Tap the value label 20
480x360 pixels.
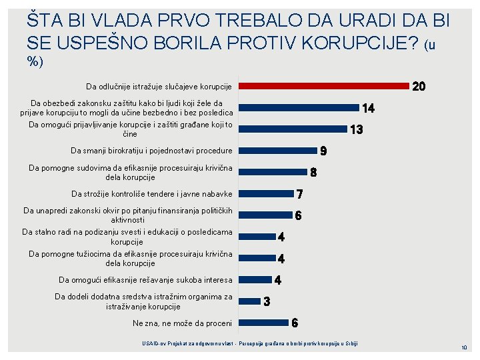(419, 87)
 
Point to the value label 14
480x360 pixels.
(367, 108)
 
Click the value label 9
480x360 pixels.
(323, 151)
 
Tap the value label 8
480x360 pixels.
(313, 172)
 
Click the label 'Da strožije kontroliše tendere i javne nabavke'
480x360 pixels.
(152, 194)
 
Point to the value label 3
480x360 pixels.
(267, 301)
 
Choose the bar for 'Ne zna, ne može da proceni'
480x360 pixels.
(263, 323)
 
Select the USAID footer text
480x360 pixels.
(250, 343)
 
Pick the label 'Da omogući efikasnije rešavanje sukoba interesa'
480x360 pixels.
(145, 280)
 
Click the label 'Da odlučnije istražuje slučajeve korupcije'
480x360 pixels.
(159, 87)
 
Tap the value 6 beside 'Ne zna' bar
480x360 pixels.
(295, 323)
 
